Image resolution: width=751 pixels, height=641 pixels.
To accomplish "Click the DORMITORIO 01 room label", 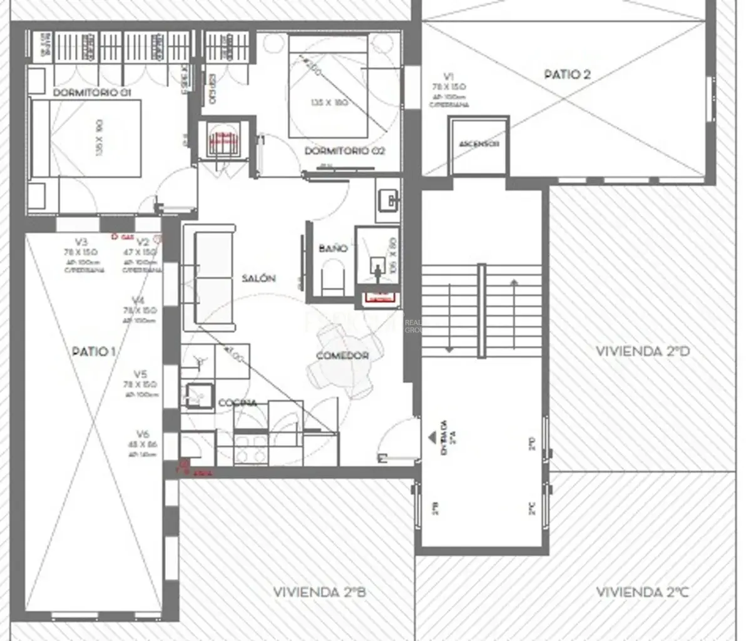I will click(92, 93).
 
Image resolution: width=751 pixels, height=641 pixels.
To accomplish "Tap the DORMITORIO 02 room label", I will click(344, 151).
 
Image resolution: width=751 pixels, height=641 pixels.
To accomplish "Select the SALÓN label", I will click(258, 278).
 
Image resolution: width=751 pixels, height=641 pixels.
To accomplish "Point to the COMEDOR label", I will click(342, 356).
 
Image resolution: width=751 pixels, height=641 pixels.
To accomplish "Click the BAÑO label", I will click(332, 249).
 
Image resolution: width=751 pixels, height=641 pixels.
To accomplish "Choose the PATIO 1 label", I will click(94, 351).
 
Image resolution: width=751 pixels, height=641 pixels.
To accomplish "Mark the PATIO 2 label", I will click(567, 74).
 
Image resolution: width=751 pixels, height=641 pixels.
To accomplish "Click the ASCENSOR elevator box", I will click(479, 145).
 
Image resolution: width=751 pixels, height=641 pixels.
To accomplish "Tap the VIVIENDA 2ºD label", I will click(642, 351).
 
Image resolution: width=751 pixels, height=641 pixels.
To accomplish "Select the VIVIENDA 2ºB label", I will click(319, 592).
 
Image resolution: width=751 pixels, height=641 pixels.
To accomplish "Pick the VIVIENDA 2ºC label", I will click(642, 592).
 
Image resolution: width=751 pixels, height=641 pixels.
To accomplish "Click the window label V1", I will click(448, 76).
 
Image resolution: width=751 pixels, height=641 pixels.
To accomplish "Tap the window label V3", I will click(81, 242).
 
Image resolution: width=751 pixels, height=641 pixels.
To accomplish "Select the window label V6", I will click(143, 434).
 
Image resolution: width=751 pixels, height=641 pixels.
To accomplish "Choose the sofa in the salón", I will click(210, 282).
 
